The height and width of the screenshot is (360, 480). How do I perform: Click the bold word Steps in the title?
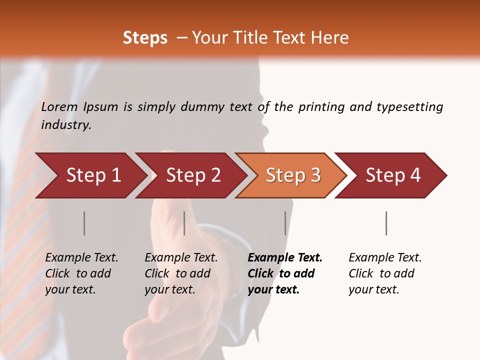(145, 38)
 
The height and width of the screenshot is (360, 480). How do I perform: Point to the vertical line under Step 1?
(84, 223)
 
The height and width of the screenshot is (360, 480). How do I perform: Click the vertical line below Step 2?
(184, 223)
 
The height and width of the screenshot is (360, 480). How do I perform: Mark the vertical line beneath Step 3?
(285, 223)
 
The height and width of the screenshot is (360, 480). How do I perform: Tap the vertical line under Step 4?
(386, 223)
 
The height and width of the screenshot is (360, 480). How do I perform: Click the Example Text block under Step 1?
(81, 273)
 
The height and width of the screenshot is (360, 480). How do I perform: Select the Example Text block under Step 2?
(181, 273)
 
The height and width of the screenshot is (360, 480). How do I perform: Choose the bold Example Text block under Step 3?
(285, 273)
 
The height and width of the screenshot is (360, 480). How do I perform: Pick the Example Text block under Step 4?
(385, 273)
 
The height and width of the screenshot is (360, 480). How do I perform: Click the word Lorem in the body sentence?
(59, 107)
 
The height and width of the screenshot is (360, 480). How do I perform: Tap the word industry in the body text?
(66, 125)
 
